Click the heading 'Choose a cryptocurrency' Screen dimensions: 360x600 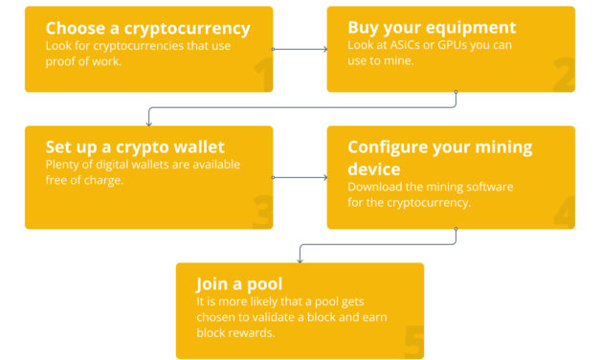pos(147,28)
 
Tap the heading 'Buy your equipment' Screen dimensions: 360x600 pos(432,28)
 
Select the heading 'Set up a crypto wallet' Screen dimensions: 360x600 pos(135,147)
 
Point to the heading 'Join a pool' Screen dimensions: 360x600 pos(239,284)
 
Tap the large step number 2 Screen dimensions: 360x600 pos(564,76)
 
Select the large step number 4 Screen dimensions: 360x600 pos(564,213)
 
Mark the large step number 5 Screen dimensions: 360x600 pos(413,343)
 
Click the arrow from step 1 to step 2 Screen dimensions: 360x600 pos(300,48)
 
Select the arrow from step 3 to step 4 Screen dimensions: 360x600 pos(300,177)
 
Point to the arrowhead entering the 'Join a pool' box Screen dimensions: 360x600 pos(301,260)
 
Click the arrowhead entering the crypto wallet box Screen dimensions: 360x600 pos(148,124)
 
